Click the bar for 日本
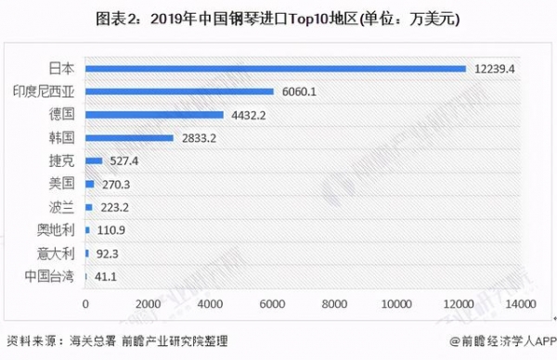pyautogui.click(x=275, y=69)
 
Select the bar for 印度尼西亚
pyautogui.click(x=179, y=92)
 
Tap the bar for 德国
pyautogui.click(x=154, y=115)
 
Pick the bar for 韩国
pyautogui.click(x=129, y=138)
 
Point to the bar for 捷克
pyautogui.click(x=93, y=161)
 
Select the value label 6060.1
pyautogui.click(x=298, y=92)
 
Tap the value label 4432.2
pyautogui.click(x=247, y=115)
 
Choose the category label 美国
pyautogui.click(x=62, y=184)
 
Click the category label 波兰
pyautogui.click(x=62, y=207)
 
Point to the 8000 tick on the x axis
pyautogui.click(x=334, y=303)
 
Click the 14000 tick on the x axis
pyautogui.click(x=522, y=303)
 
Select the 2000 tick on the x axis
pyautogui.click(x=147, y=303)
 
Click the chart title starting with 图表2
pyautogui.click(x=278, y=18)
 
